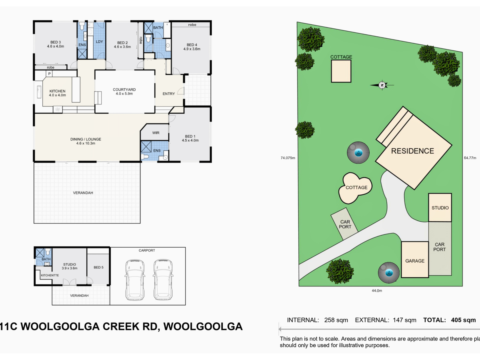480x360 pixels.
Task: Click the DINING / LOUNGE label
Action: click(x=86, y=141)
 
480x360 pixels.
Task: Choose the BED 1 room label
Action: click(x=190, y=138)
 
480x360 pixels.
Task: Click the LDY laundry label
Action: click(x=100, y=42)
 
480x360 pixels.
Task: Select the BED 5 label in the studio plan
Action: click(x=98, y=267)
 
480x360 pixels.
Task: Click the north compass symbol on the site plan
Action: click(x=382, y=85)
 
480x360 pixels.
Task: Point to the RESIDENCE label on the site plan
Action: click(x=412, y=151)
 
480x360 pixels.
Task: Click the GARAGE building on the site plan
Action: click(x=415, y=260)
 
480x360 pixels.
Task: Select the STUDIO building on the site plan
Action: click(x=440, y=208)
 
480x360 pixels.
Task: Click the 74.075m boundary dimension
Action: click(x=288, y=158)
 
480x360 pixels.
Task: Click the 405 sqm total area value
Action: click(x=463, y=320)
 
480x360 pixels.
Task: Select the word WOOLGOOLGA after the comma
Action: click(x=203, y=327)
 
